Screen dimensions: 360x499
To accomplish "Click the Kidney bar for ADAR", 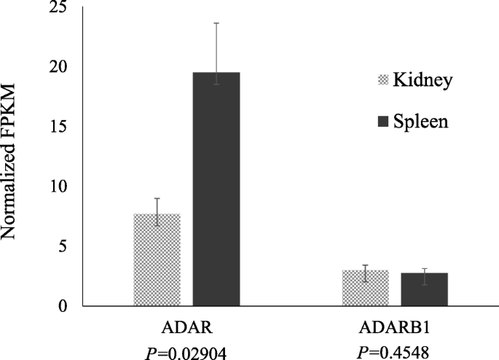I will [157, 260].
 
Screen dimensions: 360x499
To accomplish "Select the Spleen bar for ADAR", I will [216, 189].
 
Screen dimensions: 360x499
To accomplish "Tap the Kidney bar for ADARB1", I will [365, 288].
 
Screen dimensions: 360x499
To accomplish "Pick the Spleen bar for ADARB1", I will [425, 289].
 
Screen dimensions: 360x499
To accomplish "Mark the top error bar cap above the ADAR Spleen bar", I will [216, 23].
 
